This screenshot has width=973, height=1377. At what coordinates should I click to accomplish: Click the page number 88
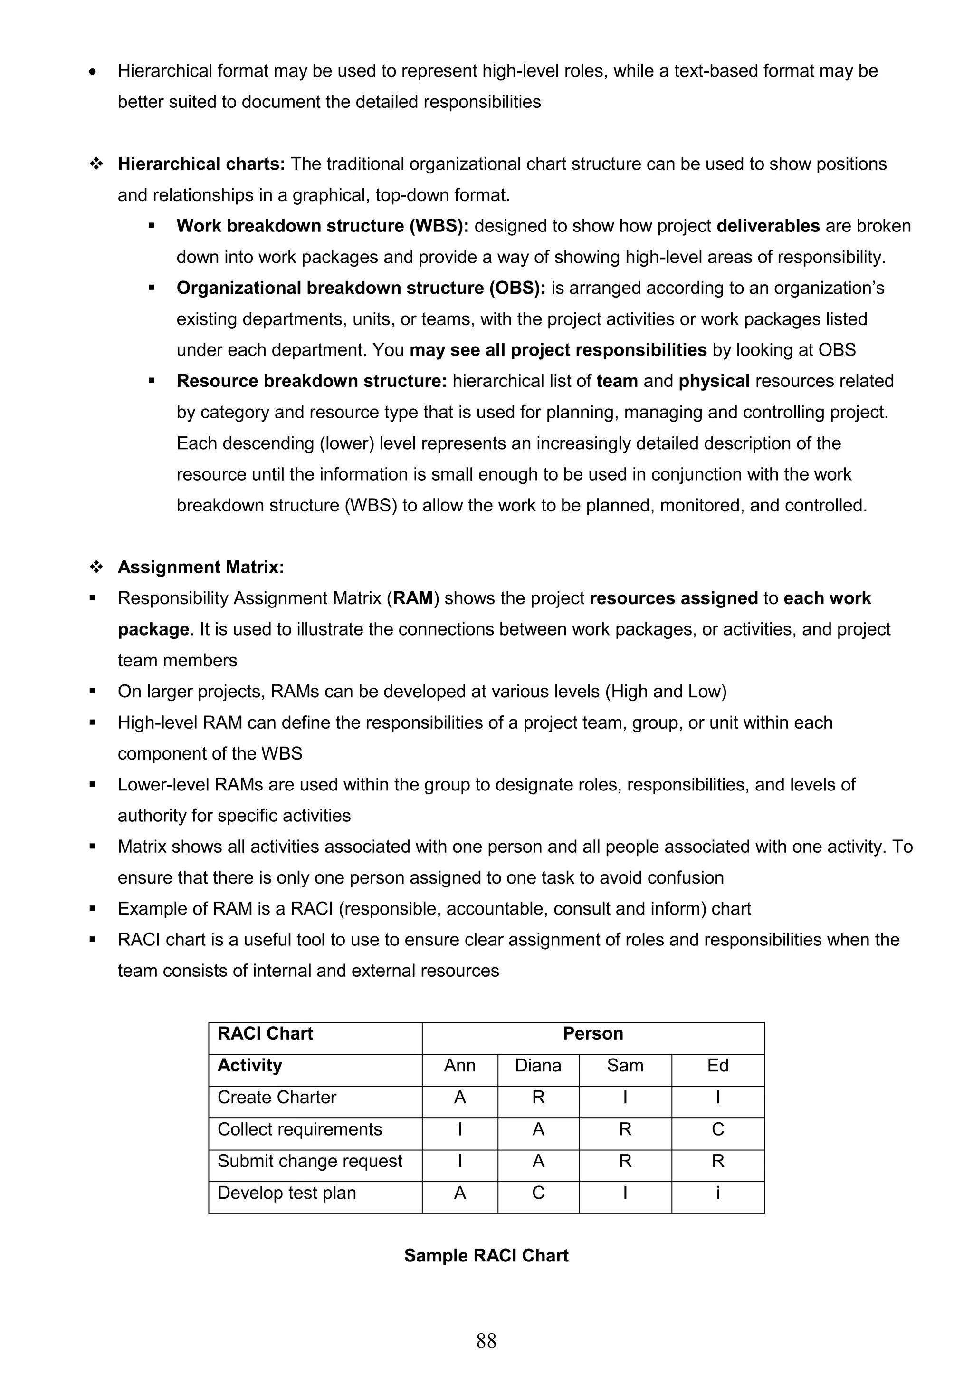(486, 1340)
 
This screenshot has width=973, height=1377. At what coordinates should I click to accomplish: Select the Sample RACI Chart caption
(486, 1255)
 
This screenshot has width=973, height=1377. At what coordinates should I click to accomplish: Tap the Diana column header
(538, 1065)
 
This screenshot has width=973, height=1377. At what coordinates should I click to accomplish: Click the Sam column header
(625, 1065)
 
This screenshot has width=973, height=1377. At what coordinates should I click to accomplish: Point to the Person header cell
(592, 1033)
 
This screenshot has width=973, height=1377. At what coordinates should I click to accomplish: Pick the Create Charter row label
(277, 1097)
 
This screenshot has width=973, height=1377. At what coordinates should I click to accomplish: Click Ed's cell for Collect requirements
(717, 1129)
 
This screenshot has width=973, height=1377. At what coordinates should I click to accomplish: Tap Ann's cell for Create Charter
(459, 1097)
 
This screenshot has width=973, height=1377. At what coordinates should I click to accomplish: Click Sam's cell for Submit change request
(625, 1161)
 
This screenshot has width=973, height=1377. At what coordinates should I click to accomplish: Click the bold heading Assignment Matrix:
(201, 568)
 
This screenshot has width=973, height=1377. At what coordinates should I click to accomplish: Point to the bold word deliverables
(768, 226)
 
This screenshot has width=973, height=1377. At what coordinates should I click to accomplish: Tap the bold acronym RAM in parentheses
(413, 598)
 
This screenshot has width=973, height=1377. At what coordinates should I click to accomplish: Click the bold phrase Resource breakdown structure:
(312, 381)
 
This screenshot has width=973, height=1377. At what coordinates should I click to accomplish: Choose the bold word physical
(714, 381)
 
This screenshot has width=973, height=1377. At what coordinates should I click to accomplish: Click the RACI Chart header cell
(265, 1033)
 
